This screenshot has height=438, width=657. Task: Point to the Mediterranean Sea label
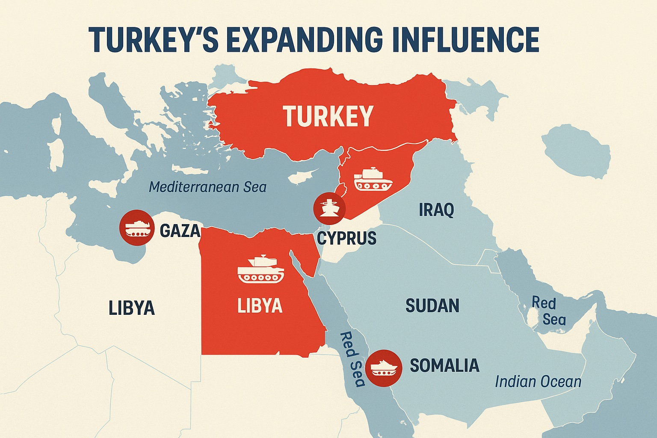point(208,187)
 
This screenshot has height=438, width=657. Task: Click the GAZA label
point(180,231)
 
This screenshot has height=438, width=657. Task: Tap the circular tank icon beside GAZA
point(136,228)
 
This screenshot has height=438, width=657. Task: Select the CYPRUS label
point(347,238)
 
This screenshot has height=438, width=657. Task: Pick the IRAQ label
point(436,210)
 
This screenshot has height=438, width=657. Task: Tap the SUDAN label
point(432,306)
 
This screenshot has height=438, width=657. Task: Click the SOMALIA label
point(444,366)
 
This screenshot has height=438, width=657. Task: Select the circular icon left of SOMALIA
point(384,368)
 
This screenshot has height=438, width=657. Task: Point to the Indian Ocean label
point(538,382)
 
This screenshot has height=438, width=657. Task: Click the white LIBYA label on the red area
point(260,306)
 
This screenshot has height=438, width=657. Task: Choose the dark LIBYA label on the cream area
point(131,308)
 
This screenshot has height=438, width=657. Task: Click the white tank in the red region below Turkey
point(373,179)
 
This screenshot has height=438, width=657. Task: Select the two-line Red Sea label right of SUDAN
point(548,311)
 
